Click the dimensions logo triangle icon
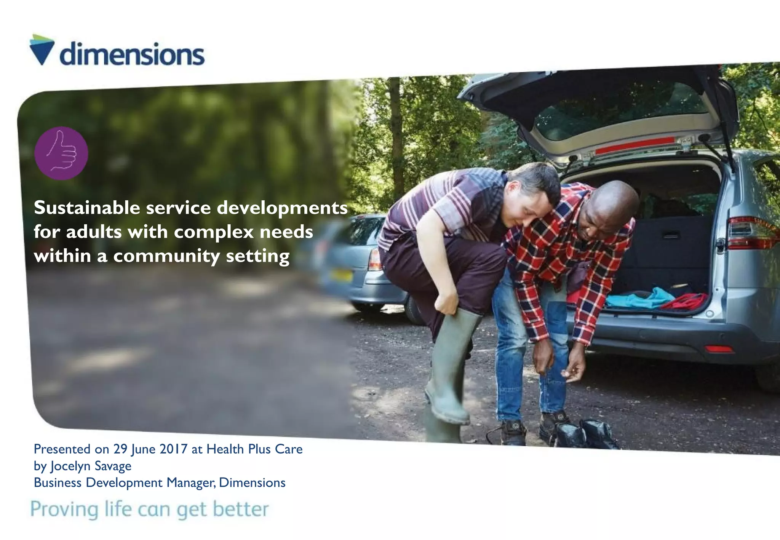[x=42, y=50]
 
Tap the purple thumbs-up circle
[x=61, y=153]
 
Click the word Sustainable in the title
[x=87, y=208]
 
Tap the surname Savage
[x=113, y=466]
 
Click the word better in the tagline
[x=241, y=509]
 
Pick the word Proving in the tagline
[x=64, y=509]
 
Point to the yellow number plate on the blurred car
[x=341, y=275]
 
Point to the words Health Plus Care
[x=254, y=449]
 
